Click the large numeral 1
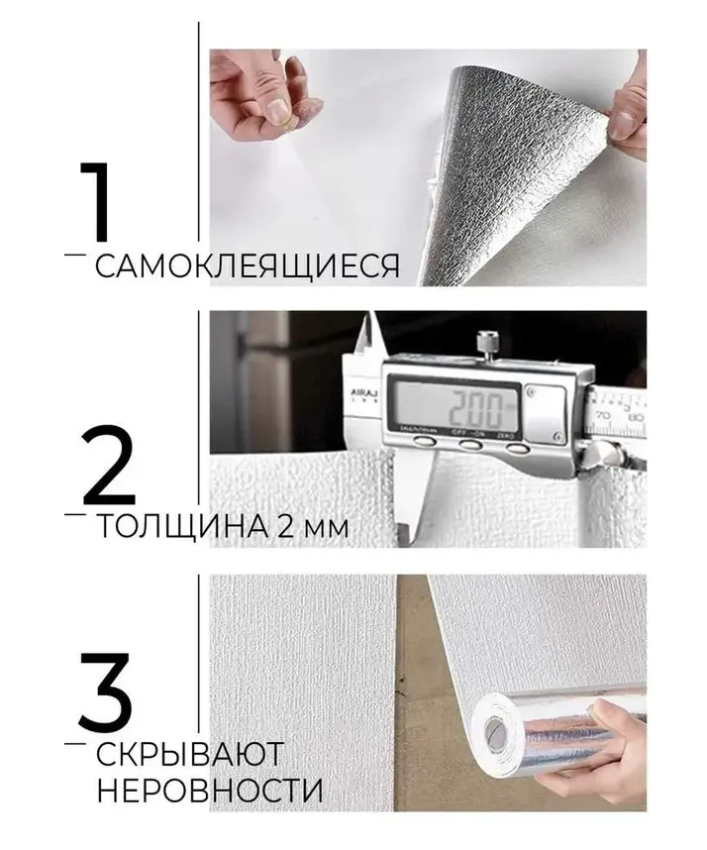[97, 201]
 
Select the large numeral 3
[105, 691]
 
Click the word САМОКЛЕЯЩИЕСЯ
[248, 266]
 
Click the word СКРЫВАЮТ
[189, 753]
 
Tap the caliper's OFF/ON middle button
[470, 445]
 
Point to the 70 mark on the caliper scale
[605, 416]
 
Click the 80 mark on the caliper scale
[637, 417]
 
